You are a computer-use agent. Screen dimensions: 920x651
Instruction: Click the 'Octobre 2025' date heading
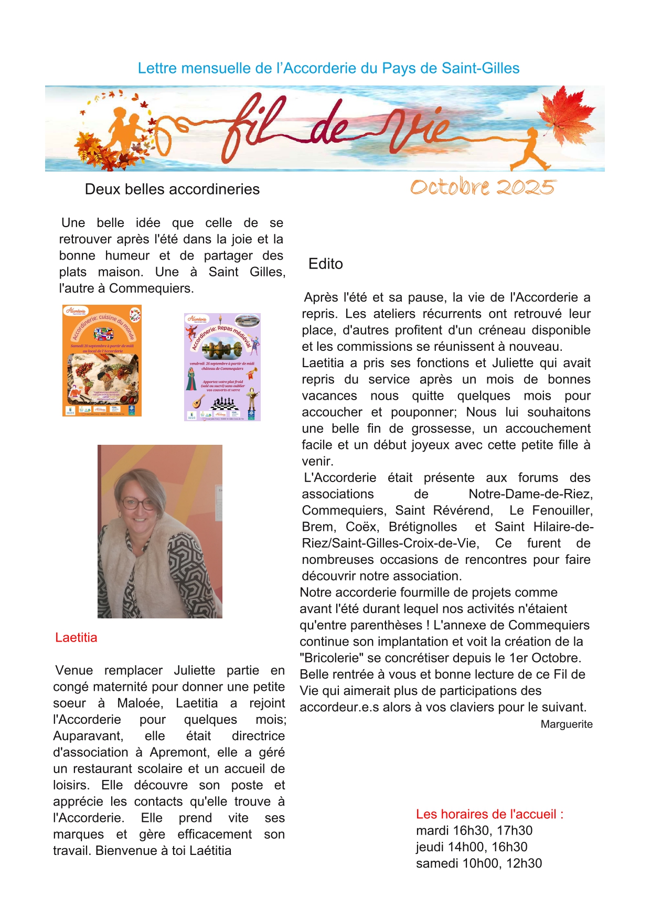tap(482, 187)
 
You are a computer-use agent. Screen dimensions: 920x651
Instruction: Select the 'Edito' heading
tap(325, 264)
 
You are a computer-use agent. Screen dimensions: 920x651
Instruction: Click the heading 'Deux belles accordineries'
tap(172, 189)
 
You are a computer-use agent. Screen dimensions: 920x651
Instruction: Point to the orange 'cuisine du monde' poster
tap(102, 360)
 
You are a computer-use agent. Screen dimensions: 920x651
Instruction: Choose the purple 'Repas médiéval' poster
tap(222, 367)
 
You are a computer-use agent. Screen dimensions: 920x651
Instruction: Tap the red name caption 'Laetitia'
tap(76, 638)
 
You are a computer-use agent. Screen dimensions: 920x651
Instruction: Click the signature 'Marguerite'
tap(567, 724)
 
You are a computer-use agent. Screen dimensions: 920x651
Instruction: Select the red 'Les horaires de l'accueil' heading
tap(489, 814)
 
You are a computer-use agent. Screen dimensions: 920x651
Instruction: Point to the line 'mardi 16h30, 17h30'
tap(474, 831)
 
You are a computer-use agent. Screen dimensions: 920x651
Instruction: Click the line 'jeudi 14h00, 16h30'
tap(472, 847)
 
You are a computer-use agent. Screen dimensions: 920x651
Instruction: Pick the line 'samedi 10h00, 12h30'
tap(478, 863)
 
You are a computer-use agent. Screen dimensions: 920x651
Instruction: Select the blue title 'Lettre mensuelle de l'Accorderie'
tap(328, 68)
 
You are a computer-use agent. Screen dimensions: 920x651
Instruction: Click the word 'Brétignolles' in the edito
tap(423, 527)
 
